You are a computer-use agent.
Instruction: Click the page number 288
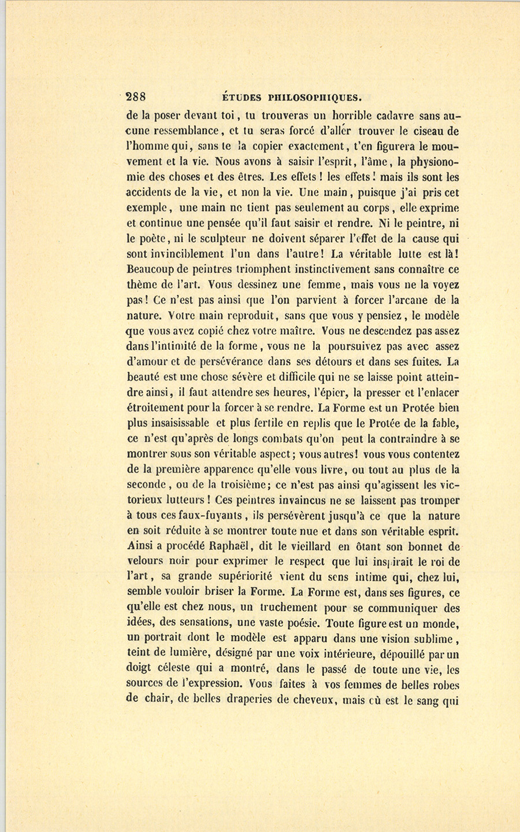tap(136, 97)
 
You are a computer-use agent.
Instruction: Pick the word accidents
tap(151, 193)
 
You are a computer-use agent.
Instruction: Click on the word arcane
tap(415, 299)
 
